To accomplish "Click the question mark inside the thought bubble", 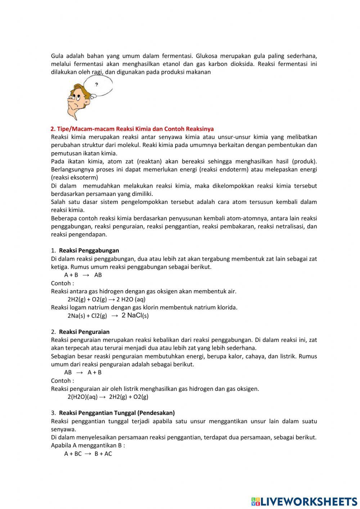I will (96, 85).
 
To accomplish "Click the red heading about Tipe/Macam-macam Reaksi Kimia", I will (132, 129).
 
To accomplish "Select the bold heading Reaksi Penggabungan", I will (89, 250).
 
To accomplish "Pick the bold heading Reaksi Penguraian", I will (84, 332).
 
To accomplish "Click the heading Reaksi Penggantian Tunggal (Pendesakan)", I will (117, 413).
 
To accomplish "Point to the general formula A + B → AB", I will (83, 275).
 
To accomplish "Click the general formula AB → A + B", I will (83, 372).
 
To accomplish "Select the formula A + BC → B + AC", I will (88, 454).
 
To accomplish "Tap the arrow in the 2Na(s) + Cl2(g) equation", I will (114, 316).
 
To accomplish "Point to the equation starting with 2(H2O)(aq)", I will (108, 397).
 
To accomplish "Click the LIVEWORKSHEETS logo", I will (304, 501).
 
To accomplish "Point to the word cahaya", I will (255, 356).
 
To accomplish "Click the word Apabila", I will (61, 445).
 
